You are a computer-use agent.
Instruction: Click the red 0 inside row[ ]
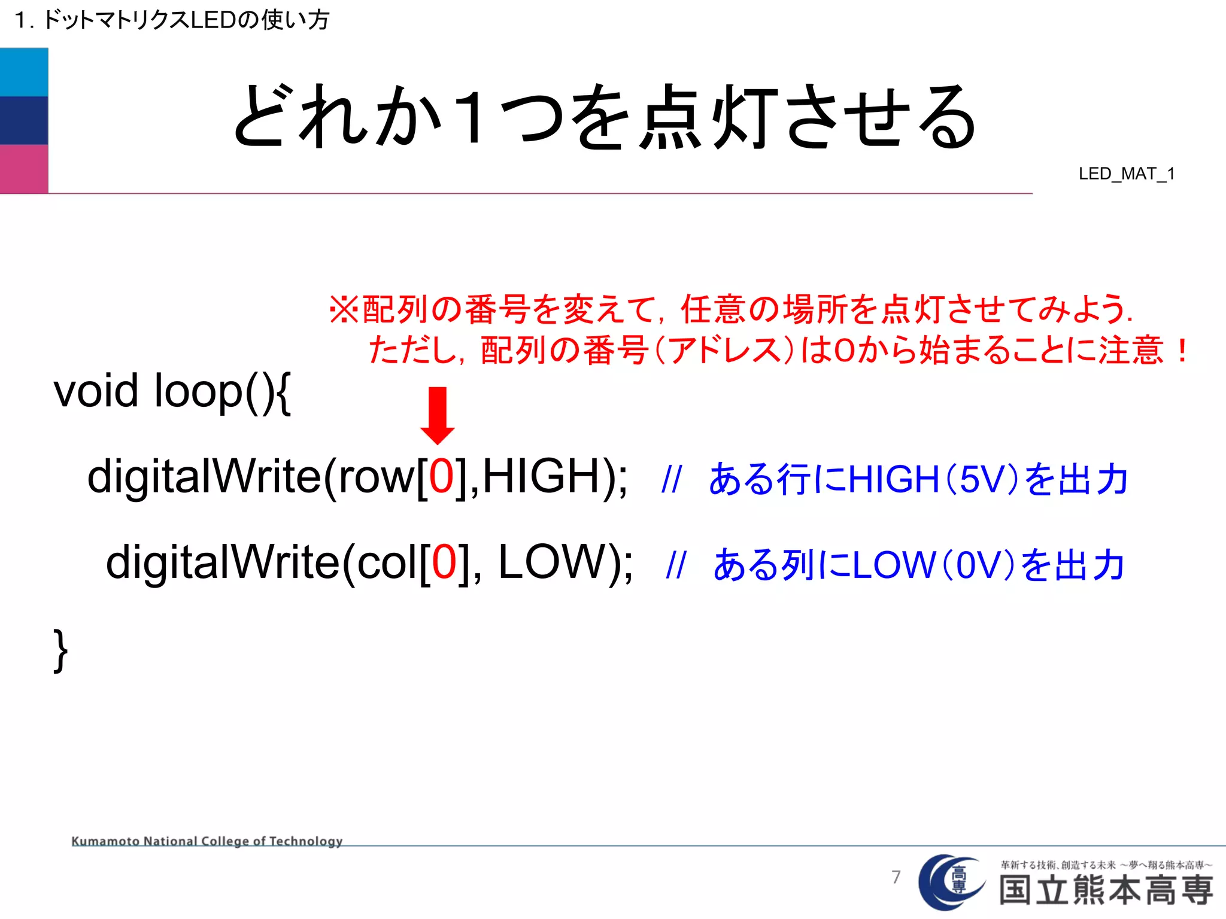pos(442,476)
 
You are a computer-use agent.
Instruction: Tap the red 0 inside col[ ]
pos(445,562)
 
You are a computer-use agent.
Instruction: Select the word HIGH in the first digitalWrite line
pos(541,476)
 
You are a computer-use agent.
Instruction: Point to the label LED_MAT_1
pos(1126,174)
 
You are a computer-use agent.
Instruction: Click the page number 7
pos(896,877)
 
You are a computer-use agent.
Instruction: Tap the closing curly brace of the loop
pos(60,650)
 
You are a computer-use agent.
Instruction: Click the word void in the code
pos(96,391)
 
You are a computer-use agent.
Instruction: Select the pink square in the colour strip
pos(24,169)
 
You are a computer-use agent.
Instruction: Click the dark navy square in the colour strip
pos(24,120)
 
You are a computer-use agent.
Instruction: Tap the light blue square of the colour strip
pos(24,72)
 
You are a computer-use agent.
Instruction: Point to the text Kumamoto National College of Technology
pos(207,841)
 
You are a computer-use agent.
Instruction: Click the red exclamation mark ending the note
pos(1181,351)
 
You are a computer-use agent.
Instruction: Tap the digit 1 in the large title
pos(472,117)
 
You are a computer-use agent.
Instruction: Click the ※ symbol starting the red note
pos(344,310)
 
